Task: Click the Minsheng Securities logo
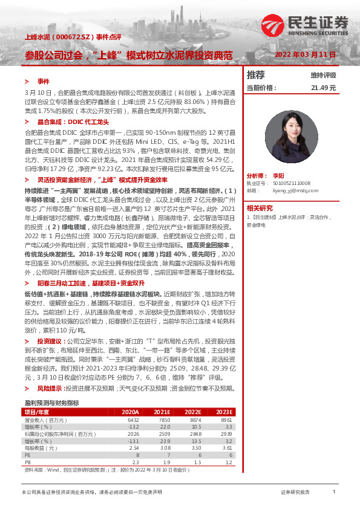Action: pyautogui.click(x=306, y=24)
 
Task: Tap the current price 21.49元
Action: pyautogui.click(x=323, y=88)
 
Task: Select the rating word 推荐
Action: pyautogui.click(x=256, y=75)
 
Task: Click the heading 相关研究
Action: pyautogui.click(x=258, y=207)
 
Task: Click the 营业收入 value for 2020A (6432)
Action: pyautogui.click(x=134, y=419)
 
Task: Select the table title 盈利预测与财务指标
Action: pyautogui.click(x=51, y=403)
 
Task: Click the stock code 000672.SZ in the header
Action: pyautogui.click(x=71, y=37)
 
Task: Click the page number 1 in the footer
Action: pyautogui.click(x=333, y=492)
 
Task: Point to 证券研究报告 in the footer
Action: pyautogui.click(x=295, y=492)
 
